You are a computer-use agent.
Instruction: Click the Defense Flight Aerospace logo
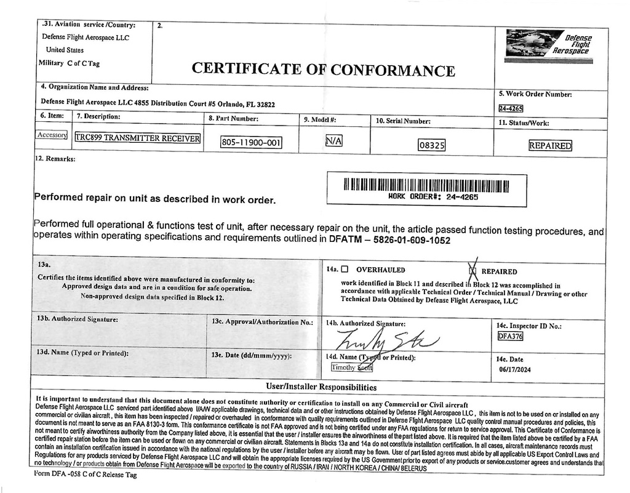pyautogui.click(x=548, y=46)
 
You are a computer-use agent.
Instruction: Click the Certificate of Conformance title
pyautogui.click(x=324, y=69)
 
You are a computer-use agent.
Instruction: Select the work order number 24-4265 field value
pyautogui.click(x=511, y=109)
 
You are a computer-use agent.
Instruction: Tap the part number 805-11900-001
pyautogui.click(x=251, y=143)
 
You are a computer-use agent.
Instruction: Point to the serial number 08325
pyautogui.click(x=431, y=146)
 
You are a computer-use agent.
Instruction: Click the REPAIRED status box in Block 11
pyautogui.click(x=550, y=146)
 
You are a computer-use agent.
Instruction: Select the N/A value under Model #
pyautogui.click(x=333, y=141)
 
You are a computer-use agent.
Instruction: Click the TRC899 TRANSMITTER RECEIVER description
pyautogui.click(x=137, y=138)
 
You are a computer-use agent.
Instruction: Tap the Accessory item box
pyautogui.click(x=52, y=135)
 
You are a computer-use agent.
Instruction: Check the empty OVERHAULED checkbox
pyautogui.click(x=345, y=269)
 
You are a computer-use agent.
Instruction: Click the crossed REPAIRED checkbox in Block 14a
pyautogui.click(x=473, y=270)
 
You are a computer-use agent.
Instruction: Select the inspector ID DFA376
pyautogui.click(x=509, y=336)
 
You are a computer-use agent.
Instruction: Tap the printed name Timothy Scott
pyautogui.click(x=352, y=367)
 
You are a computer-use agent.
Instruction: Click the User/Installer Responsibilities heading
pyautogui.click(x=321, y=387)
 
